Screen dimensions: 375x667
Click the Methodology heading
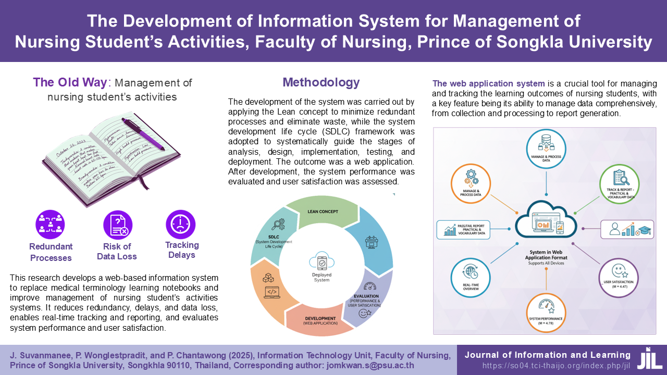point(321,82)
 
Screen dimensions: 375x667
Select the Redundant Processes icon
point(51,224)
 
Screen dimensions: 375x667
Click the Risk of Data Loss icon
point(118,224)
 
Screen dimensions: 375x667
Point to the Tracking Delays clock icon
point(181,224)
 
